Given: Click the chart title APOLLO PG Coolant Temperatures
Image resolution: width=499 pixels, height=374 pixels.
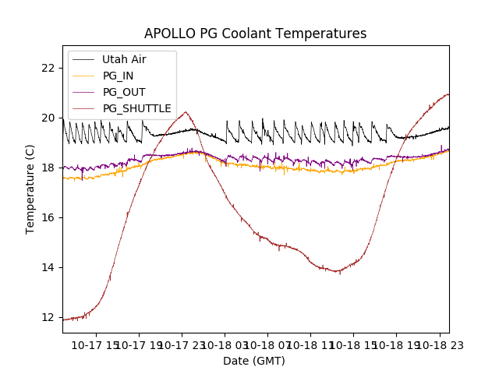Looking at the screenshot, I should point(255,34).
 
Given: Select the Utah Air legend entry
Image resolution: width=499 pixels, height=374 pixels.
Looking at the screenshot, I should point(124,59).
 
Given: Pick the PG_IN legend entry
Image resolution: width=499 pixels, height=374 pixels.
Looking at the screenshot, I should point(118,76).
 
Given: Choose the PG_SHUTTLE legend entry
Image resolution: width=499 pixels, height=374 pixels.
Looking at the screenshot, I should point(136,108).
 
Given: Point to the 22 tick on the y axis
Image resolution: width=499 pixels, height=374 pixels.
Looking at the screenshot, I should point(49,68).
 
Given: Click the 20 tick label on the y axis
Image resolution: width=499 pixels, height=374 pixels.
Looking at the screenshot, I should point(49,118).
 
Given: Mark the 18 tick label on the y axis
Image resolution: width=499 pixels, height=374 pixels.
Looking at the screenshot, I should point(49,168).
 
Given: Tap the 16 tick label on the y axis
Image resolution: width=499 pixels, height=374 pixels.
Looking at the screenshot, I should point(49,217).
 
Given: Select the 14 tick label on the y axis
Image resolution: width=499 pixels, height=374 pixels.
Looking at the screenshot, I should point(49,267).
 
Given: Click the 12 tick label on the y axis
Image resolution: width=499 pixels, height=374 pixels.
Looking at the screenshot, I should point(49,317).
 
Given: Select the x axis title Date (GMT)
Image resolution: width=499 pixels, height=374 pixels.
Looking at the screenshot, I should point(254,361).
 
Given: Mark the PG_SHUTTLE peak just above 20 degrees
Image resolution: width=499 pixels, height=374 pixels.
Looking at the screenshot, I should point(186,112).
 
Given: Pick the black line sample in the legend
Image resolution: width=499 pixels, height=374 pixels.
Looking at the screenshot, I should point(83,59).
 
